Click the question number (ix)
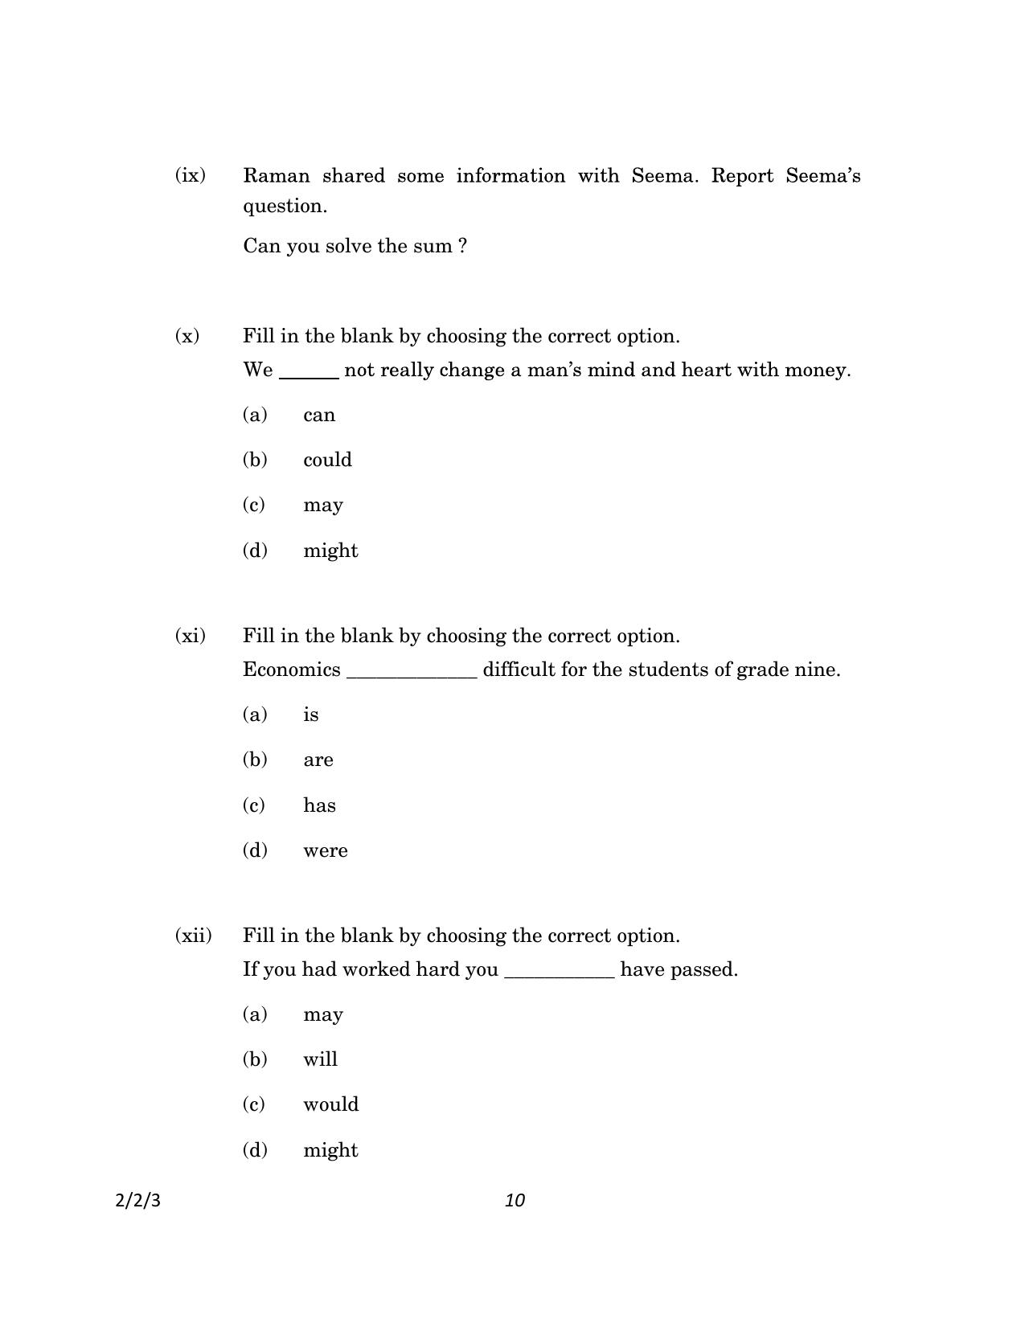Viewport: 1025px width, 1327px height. pos(190,175)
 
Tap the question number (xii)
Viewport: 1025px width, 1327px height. pos(193,936)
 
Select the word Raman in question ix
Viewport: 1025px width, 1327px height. pos(273,175)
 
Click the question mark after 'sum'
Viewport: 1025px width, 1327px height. pos(462,246)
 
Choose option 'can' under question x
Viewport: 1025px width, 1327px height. pos(319,416)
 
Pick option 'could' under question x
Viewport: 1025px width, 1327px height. pos(327,460)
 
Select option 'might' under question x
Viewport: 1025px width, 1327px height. pos(330,551)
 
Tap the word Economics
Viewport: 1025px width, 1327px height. pos(291,670)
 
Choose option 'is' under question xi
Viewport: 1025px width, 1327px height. pos(311,715)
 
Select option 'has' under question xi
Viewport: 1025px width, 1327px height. pos(319,805)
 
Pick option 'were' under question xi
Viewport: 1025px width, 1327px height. pos(326,851)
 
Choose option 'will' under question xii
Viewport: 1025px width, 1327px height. pos(320,1059)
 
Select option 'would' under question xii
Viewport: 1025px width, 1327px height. pos(330,1104)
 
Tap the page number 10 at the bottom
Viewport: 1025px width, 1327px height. pos(515,1200)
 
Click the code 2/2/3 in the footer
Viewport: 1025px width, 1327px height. pos(138,1201)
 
